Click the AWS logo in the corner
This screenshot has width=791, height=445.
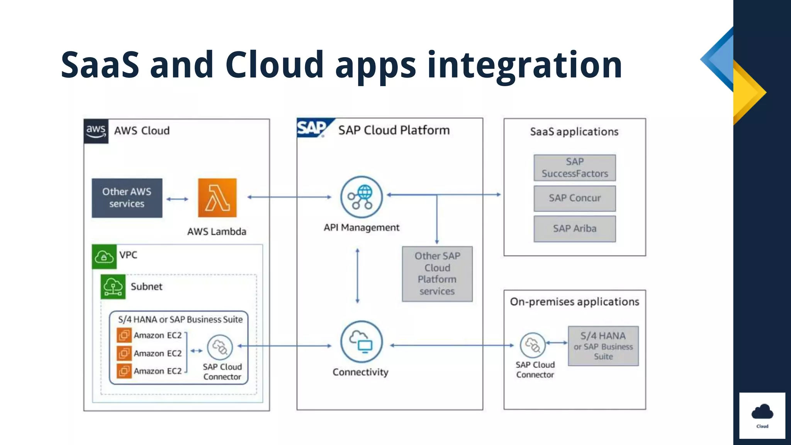96,131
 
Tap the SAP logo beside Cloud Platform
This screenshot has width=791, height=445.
312,128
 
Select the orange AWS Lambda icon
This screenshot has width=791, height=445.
217,198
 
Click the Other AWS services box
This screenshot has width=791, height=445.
127,198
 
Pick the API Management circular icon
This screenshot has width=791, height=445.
361,197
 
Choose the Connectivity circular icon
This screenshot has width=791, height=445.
361,341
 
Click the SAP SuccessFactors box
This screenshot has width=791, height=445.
574,168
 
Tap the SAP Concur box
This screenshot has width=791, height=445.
574,198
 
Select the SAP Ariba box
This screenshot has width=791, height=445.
574,229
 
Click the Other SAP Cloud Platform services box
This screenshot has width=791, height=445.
437,273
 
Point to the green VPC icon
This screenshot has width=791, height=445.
104,256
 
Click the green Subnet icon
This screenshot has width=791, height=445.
113,287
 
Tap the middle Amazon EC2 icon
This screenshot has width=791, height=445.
124,353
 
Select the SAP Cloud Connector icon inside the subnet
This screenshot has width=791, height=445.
220,347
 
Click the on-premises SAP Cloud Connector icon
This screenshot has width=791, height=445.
533,345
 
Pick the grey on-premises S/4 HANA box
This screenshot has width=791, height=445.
603,346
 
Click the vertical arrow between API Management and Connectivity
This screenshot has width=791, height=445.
357,275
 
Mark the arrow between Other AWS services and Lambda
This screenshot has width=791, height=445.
177,199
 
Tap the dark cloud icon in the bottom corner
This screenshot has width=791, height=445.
762,413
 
